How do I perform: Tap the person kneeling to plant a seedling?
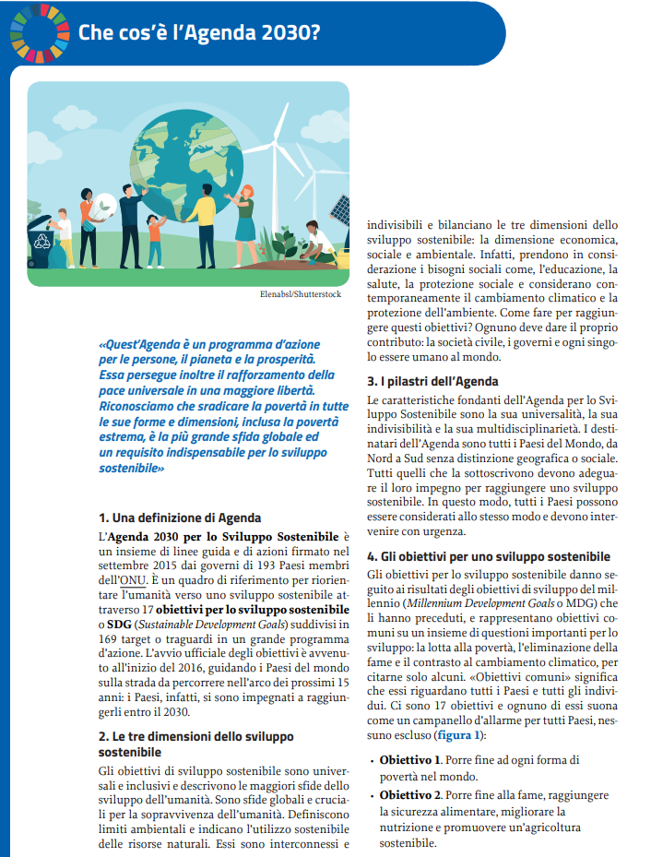317,244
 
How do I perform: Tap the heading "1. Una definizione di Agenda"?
179,518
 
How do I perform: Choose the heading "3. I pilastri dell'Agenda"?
432,381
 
